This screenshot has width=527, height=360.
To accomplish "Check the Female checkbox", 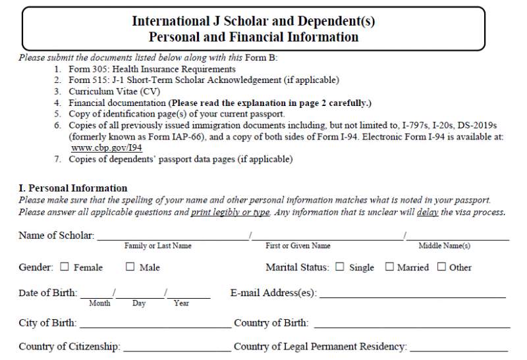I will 65,267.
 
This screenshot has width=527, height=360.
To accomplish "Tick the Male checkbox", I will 130,267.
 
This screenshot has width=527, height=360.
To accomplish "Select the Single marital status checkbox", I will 340,267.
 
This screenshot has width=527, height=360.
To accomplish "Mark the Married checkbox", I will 389,267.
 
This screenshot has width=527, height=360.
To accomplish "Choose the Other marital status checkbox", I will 441,267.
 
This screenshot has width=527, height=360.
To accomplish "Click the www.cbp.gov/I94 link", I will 106,148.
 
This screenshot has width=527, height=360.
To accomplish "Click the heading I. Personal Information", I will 72,188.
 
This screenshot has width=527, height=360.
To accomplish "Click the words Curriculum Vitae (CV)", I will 114,91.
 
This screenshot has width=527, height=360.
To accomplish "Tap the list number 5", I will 57,114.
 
